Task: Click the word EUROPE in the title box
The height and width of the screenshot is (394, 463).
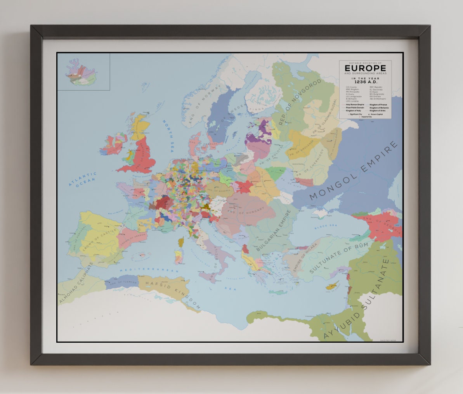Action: pyautogui.click(x=365, y=68)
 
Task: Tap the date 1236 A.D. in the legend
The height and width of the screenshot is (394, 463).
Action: pyautogui.click(x=365, y=82)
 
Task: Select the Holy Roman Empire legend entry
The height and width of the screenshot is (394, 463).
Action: pyautogui.click(x=352, y=105)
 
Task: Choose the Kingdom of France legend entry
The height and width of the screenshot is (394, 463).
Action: pyautogui.click(x=378, y=105)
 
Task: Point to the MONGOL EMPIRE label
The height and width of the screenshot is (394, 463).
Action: pyautogui.click(x=354, y=171)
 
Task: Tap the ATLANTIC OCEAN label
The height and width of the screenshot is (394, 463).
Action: pyautogui.click(x=82, y=180)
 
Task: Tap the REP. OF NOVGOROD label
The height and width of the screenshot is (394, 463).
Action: pyautogui.click(x=300, y=102)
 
